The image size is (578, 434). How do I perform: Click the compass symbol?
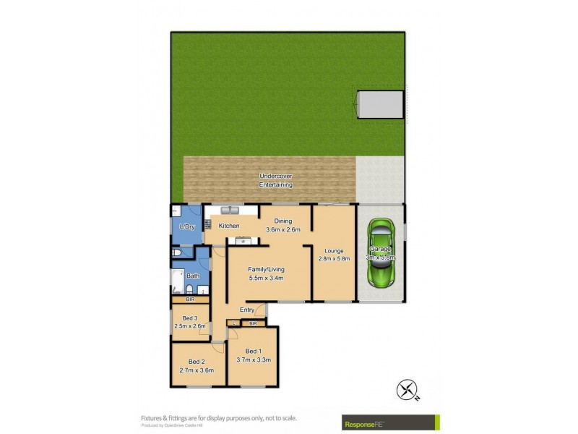pos(408,391)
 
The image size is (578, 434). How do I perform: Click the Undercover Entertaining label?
pos(275,180)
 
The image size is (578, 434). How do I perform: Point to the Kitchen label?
pos(229,226)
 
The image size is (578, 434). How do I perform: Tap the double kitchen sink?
pos(230,210)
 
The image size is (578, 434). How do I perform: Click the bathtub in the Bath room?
pos(178,281)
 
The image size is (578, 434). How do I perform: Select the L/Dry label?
pos(186,226)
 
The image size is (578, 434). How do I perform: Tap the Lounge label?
pos(334,251)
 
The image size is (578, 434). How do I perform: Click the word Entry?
pos(247,310)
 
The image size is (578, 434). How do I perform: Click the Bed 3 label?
pos(189,318)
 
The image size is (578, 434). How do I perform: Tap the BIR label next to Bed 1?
pos(252,323)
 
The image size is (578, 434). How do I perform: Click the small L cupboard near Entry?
pos(236,323)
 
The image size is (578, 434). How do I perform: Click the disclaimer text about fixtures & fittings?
pos(218,417)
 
